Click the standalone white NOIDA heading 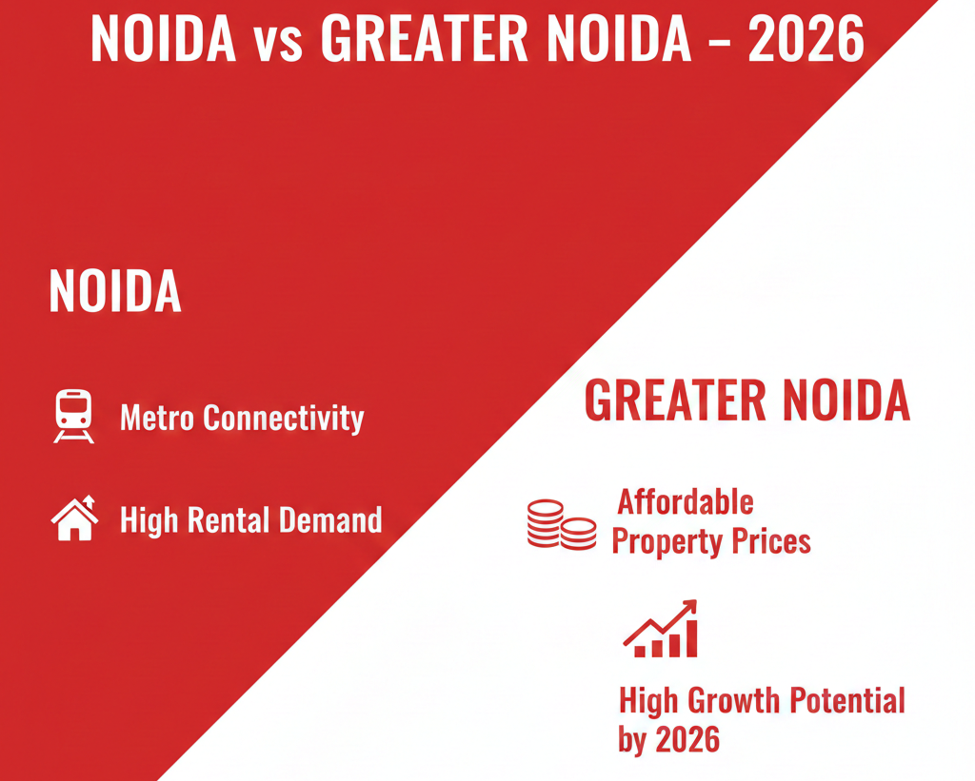coord(114,291)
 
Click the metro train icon coord(73,416)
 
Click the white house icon coord(74,518)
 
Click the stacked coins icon coord(561,524)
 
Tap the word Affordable coord(686,501)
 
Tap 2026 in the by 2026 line coord(686,739)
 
